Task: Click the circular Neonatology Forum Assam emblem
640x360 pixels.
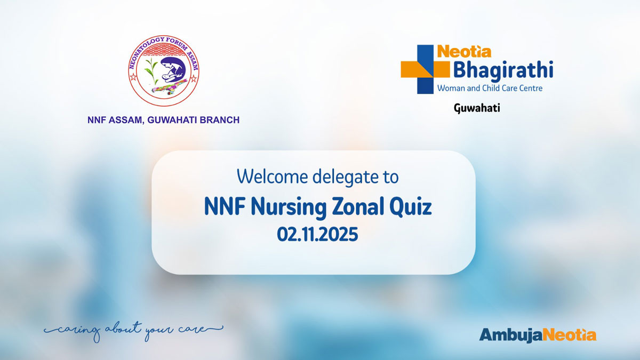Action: point(163,71)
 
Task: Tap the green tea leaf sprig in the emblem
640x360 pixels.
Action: point(151,71)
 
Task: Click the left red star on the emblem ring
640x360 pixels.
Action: point(133,77)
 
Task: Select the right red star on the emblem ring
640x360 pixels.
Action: point(194,78)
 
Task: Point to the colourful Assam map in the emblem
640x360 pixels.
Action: point(169,87)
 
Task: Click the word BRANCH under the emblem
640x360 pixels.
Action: point(219,120)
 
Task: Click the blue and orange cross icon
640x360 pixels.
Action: point(425,69)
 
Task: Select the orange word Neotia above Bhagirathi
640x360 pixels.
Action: point(464,52)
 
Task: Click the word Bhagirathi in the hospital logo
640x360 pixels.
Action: point(503,70)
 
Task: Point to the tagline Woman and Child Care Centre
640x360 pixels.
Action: point(490,88)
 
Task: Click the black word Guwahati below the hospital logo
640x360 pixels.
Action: point(477,108)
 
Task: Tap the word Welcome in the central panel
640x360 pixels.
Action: point(273,177)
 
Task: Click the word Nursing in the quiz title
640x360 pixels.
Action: point(289,207)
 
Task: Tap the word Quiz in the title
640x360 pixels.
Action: point(410,207)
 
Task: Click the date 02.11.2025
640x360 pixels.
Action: point(317,234)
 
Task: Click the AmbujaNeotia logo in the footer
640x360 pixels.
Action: point(538,335)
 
